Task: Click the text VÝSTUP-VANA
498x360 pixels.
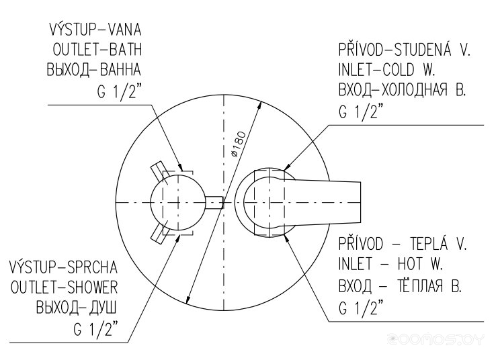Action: [95, 29]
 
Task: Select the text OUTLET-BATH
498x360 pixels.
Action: [97, 50]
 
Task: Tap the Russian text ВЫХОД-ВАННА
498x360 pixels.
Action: [94, 70]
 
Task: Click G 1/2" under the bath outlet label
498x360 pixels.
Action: [119, 91]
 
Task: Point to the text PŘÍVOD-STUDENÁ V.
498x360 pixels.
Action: [404, 50]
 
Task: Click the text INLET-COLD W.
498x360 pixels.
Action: [386, 70]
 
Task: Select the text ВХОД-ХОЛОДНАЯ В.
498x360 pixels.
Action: [402, 90]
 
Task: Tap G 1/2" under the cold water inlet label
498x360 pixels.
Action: [361, 111]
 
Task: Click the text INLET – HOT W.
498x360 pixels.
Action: [390, 264]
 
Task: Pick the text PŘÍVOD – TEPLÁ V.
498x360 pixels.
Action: [403, 244]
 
